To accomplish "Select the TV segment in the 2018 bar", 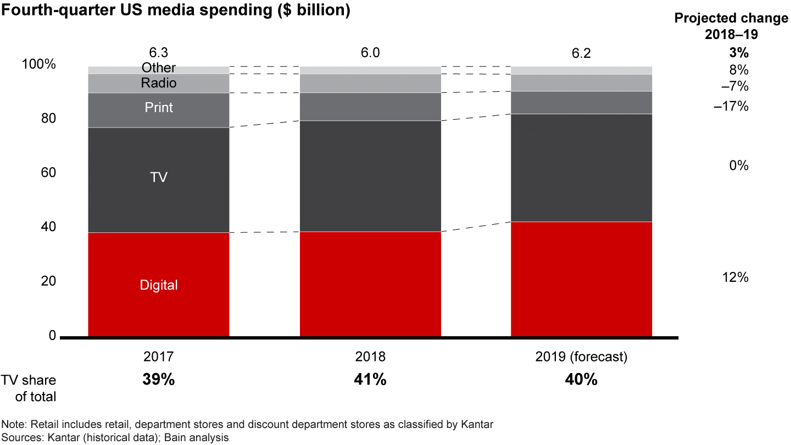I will [x=370, y=176].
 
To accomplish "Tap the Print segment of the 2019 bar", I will [x=581, y=102].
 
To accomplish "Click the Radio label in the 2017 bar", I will [x=159, y=84].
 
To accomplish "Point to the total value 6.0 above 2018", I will [x=370, y=53].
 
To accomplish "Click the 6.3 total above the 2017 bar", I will [x=159, y=53].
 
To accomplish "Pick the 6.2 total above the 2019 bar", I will [x=581, y=53].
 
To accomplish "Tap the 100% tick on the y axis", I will [x=38, y=64].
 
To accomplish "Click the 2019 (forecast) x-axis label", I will [x=581, y=357].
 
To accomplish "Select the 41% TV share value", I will [x=370, y=380].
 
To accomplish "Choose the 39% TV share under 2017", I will [x=159, y=380].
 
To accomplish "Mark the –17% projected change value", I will [x=731, y=106].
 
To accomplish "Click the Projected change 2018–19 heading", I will [x=731, y=26].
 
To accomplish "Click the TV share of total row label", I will [x=29, y=387].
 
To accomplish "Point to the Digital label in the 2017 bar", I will [x=159, y=285].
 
